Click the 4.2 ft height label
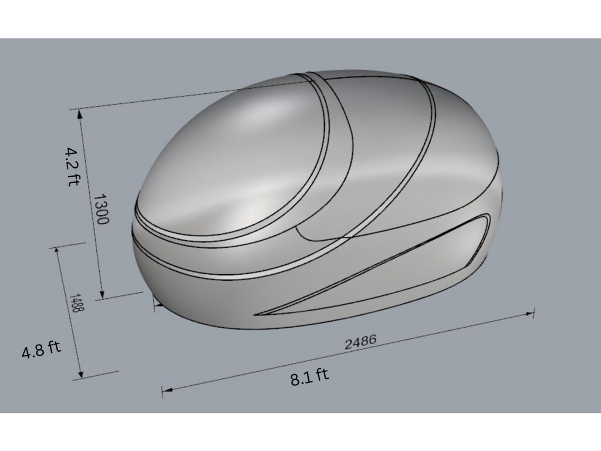point(72,166)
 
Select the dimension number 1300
point(101,209)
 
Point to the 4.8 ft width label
point(41,349)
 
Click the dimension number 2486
point(360,342)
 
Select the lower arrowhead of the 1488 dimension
point(80,373)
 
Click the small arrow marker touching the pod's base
point(157,303)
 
